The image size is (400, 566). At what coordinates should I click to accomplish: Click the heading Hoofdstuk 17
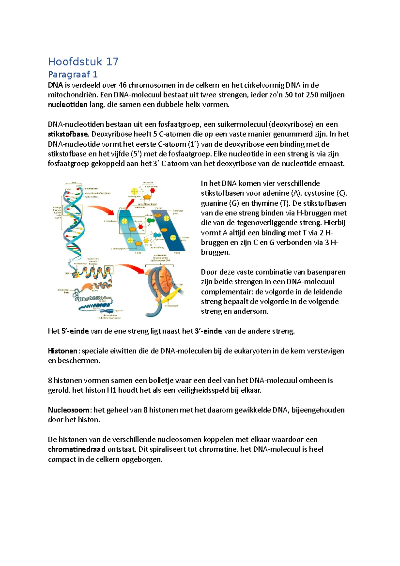coord(83,62)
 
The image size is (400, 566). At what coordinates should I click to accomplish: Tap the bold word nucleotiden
coord(68,105)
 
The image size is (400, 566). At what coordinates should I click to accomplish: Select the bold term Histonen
coord(63,351)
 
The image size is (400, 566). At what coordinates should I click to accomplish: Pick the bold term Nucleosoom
coord(69,410)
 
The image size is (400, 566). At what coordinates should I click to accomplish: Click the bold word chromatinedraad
coord(77,449)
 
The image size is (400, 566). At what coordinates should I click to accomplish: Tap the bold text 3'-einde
coord(208,331)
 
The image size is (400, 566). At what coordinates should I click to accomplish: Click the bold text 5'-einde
coord(75,331)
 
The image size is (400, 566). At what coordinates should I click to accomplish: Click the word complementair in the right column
coord(227,292)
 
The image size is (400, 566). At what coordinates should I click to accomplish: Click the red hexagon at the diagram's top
coord(153,191)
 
